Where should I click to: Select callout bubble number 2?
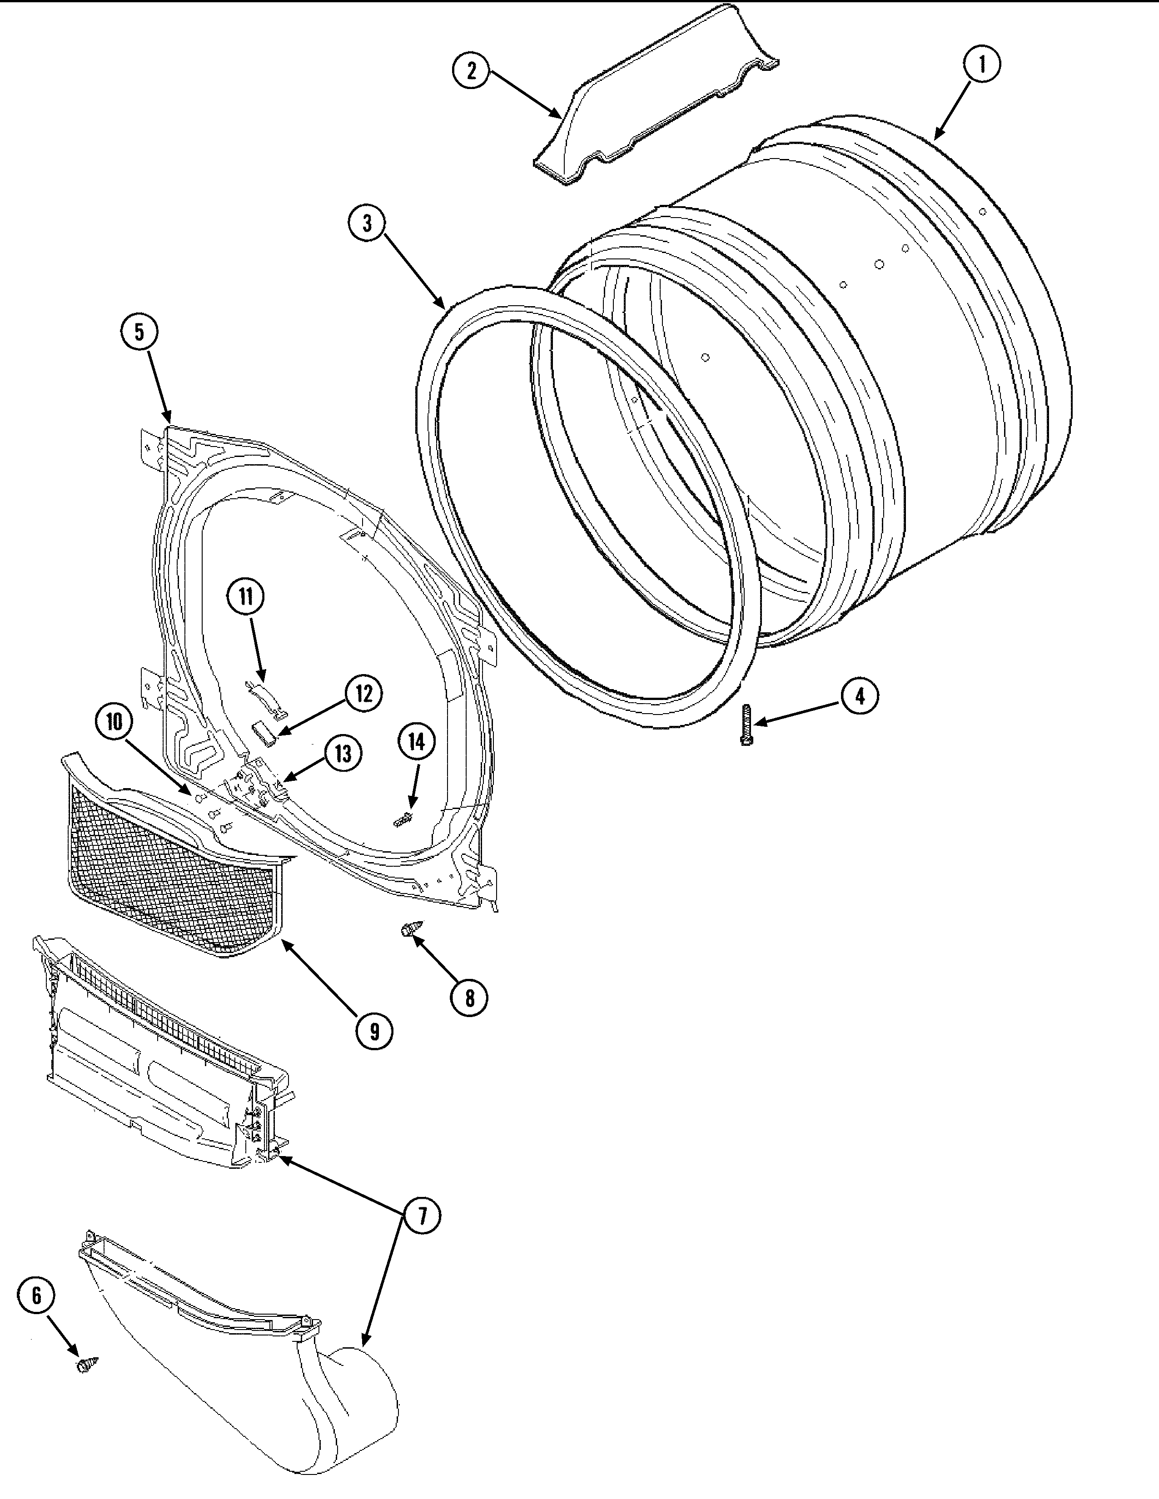[x=471, y=71]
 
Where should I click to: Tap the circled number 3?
[x=368, y=224]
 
